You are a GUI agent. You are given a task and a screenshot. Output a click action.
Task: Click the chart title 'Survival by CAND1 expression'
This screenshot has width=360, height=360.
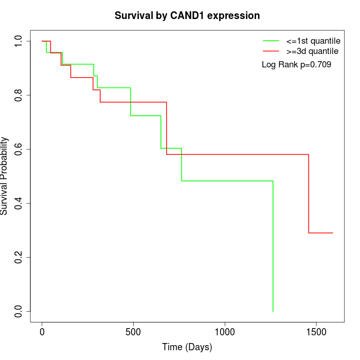click(x=187, y=15)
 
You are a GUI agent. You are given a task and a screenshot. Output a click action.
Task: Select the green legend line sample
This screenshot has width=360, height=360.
click(x=271, y=40)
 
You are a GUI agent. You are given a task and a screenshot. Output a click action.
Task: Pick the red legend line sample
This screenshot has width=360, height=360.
click(x=271, y=51)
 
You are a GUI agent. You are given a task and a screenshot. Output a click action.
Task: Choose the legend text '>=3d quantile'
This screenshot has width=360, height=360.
click(x=312, y=51)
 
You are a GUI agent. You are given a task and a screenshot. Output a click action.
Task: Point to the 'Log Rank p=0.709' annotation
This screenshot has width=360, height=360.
click(x=296, y=65)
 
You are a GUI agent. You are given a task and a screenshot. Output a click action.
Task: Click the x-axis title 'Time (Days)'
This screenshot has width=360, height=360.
click(x=187, y=347)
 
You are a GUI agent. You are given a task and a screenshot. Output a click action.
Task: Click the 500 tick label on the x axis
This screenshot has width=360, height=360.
click(x=133, y=332)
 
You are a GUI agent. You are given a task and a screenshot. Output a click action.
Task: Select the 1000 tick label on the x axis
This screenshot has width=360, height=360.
click(x=225, y=332)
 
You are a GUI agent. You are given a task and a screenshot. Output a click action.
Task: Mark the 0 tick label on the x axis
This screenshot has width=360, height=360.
click(x=42, y=332)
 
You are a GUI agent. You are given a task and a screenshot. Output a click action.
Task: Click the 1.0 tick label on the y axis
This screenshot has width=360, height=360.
click(x=19, y=41)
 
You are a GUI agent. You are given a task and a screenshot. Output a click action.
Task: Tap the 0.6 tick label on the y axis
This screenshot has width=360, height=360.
click(x=19, y=149)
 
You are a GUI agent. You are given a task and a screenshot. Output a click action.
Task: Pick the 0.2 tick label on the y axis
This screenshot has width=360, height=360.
click(x=19, y=257)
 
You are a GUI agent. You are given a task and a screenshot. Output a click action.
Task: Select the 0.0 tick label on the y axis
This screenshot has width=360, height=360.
click(x=19, y=311)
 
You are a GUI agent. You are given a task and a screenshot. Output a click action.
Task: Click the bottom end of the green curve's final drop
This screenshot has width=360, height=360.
click(x=273, y=311)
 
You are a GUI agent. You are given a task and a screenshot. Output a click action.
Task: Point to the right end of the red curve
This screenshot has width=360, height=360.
click(x=333, y=233)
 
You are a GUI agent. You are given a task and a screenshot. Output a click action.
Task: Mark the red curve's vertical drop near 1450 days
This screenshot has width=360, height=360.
click(x=309, y=193)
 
